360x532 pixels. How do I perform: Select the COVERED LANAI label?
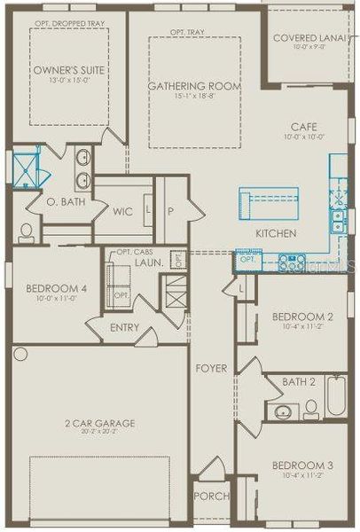point(311,38)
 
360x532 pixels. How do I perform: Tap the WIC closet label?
point(122,212)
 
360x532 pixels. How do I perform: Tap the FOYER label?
point(211,368)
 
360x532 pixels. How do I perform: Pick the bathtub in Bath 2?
point(336,395)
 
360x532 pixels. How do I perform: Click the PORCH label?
point(211,496)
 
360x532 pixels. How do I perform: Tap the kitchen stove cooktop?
point(293,262)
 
